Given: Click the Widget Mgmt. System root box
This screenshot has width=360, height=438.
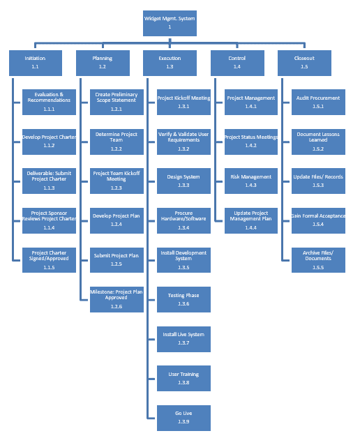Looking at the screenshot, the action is [x=170, y=23].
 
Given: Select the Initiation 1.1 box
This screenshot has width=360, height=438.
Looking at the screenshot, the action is [x=36, y=63].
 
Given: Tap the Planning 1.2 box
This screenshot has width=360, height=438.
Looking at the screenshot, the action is [x=103, y=63].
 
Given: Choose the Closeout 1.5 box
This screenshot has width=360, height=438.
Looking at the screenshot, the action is [x=304, y=63].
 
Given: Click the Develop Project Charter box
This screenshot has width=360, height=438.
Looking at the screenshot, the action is [x=49, y=142].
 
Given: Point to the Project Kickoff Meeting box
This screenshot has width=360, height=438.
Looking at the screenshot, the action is [x=183, y=102].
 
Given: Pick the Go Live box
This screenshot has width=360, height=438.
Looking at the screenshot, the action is [x=183, y=418].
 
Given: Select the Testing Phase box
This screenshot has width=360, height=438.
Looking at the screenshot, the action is [x=183, y=299].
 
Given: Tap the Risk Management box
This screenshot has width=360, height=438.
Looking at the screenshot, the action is [x=251, y=181].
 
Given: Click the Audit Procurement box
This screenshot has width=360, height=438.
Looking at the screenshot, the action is [x=318, y=102].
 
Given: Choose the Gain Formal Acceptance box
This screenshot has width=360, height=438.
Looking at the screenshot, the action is [x=318, y=220].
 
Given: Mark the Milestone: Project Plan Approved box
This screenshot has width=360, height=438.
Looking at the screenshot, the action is [x=117, y=299].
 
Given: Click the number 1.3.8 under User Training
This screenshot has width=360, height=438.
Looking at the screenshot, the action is [x=183, y=382].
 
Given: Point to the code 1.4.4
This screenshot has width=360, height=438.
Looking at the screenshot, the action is [x=251, y=227].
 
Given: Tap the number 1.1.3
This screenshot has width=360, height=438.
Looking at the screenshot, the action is [x=49, y=188].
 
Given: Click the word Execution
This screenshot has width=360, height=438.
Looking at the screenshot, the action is [x=170, y=58].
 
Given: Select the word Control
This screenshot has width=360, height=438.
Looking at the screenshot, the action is [x=237, y=58].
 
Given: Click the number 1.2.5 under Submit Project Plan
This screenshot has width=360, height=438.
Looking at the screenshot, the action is [x=117, y=264].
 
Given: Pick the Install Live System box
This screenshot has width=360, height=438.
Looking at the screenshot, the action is [x=183, y=339].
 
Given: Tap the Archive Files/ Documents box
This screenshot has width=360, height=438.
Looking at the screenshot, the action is [x=318, y=260].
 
